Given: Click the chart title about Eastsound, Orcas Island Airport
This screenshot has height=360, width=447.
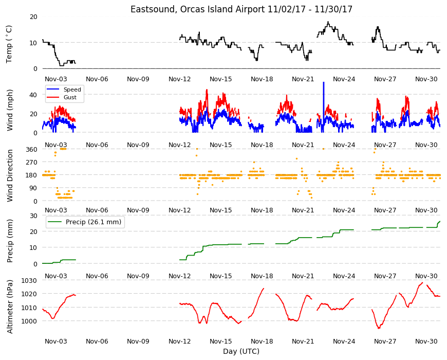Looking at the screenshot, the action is (241, 9).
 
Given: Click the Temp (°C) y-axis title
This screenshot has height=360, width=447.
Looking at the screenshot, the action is (9, 44).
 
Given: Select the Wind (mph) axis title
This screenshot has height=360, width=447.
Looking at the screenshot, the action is (10, 110).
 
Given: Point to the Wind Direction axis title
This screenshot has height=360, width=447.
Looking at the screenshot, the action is (10, 175).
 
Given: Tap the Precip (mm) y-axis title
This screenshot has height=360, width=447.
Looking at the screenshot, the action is (10, 241).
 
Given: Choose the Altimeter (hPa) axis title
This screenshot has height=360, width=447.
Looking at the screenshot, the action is (10, 307).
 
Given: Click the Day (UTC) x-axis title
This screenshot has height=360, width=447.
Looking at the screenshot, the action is (241, 351).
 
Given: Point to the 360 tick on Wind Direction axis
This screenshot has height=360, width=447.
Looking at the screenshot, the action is (32, 150).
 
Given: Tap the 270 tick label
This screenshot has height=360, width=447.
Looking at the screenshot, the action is (32, 163).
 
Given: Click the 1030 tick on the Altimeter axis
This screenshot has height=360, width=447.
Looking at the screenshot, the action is (29, 280).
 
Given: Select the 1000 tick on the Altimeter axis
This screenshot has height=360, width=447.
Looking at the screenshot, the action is (29, 321).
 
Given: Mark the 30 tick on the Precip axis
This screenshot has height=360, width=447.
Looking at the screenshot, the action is (33, 216).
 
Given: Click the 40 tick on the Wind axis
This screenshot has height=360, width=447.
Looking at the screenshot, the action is (33, 95).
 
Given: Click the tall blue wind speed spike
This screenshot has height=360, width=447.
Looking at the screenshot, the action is (323, 107).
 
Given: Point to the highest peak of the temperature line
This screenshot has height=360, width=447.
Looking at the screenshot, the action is (328, 22).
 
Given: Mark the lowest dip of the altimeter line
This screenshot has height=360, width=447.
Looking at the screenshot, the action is (379, 328).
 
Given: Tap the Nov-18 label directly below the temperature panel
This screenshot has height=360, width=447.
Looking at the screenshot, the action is (262, 79).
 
